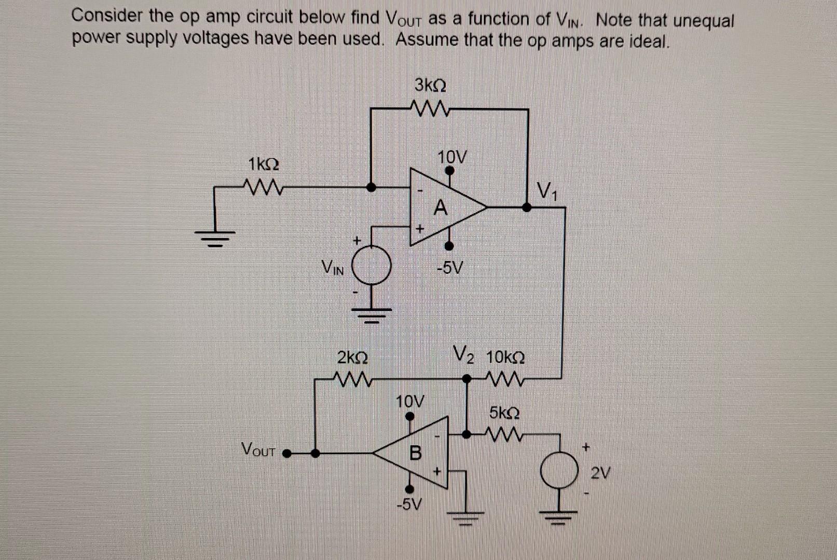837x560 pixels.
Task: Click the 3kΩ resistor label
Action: [430, 84]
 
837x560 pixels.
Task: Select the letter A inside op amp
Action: [440, 207]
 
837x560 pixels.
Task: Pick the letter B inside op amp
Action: [416, 453]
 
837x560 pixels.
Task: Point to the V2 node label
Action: [463, 355]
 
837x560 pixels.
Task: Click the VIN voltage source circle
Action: [372, 264]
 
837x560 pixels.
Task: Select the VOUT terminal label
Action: [258, 449]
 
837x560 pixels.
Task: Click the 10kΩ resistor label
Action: [505, 358]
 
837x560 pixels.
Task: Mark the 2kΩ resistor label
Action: [353, 358]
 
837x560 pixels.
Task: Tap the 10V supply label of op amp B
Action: [409, 401]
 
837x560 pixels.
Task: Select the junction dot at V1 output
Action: [527, 207]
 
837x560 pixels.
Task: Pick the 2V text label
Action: [601, 473]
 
